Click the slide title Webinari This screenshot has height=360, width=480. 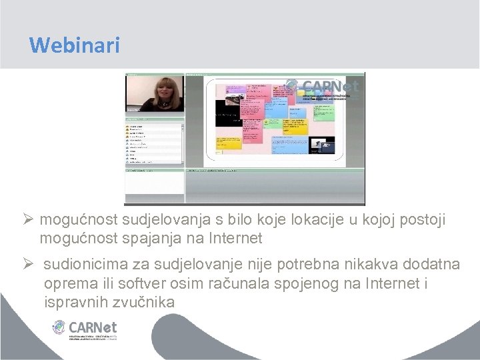[75, 45]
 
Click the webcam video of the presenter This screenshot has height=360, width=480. [155, 93]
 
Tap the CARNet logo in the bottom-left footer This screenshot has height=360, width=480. [85, 329]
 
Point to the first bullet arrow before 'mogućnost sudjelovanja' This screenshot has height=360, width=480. [28, 220]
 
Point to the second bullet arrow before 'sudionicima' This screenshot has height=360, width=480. [28, 265]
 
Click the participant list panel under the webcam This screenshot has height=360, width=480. [155, 143]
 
